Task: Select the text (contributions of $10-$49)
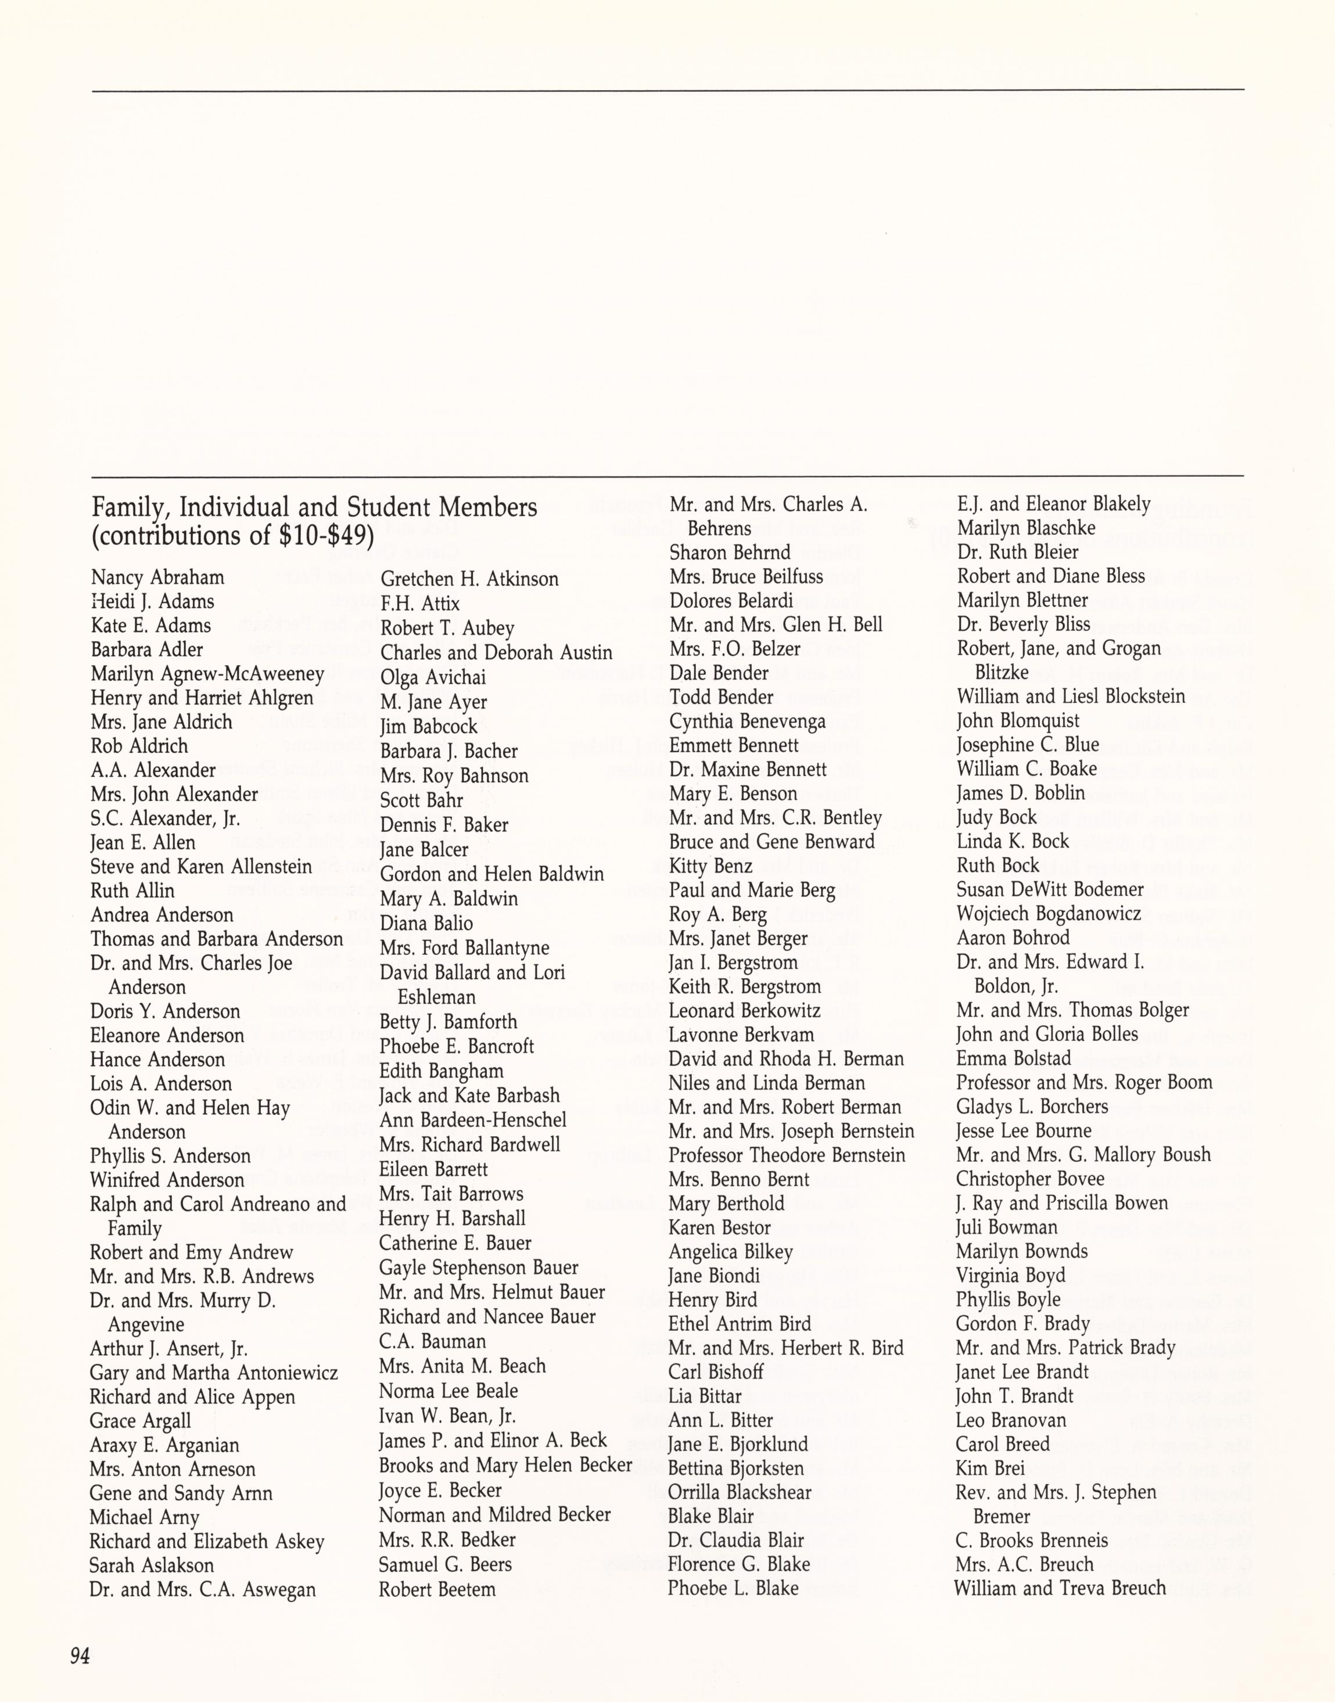pyautogui.click(x=233, y=537)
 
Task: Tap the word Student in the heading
pyautogui.click(x=387, y=507)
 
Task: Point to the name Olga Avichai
pyautogui.click(x=433, y=677)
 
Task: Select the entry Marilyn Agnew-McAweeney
pyautogui.click(x=207, y=674)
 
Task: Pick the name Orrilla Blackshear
pyautogui.click(x=740, y=1492)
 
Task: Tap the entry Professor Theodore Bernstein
pyautogui.click(x=787, y=1155)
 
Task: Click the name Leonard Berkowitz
pyautogui.click(x=744, y=1010)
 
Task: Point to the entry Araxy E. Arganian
pyautogui.click(x=164, y=1445)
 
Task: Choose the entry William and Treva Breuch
pyautogui.click(x=1059, y=1588)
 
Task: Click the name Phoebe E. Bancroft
pyautogui.click(x=457, y=1046)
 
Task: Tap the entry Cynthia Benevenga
pyautogui.click(x=747, y=721)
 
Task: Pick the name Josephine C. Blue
pyautogui.click(x=1027, y=744)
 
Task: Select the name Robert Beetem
pyautogui.click(x=437, y=1589)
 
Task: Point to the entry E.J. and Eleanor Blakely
pyautogui.click(x=1053, y=504)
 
